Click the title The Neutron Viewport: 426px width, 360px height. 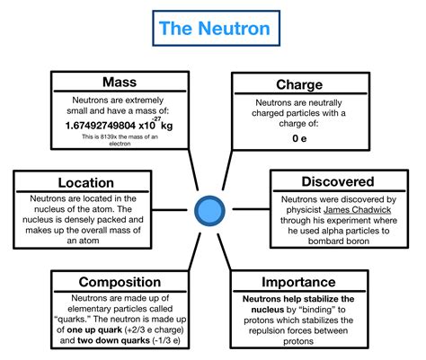pyautogui.click(x=214, y=28)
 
